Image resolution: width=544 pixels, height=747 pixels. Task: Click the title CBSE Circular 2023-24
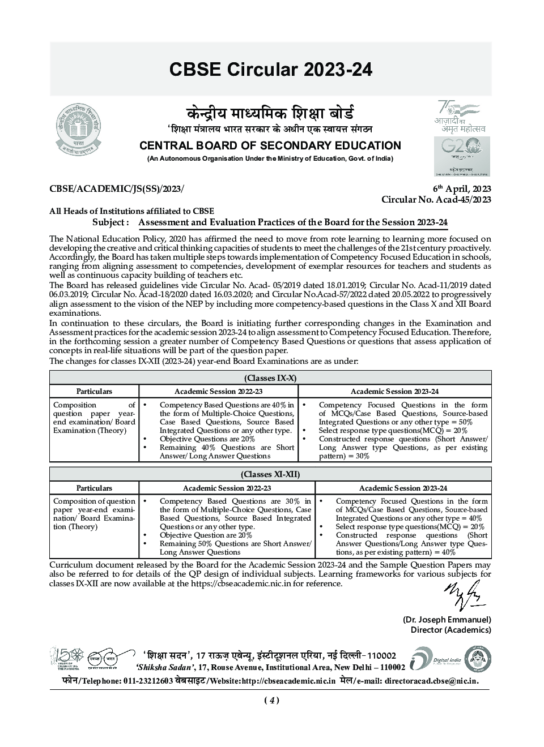coord(271,70)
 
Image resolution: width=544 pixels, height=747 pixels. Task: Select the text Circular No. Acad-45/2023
coord(436,199)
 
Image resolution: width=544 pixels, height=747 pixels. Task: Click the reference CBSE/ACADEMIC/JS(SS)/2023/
coord(117,189)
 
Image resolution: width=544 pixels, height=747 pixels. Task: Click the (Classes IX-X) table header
coord(270,378)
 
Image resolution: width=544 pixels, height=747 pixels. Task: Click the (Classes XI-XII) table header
coord(270,474)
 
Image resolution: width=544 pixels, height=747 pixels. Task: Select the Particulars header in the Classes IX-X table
coord(94,391)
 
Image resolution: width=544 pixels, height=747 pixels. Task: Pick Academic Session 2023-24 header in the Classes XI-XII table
coord(403,488)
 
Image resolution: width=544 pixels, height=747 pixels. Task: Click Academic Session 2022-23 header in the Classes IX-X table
coord(218,391)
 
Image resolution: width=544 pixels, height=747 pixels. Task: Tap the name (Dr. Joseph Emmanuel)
coord(447,620)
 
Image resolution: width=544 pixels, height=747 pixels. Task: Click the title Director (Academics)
coord(450,630)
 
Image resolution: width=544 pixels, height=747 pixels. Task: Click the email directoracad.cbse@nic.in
coord(431,681)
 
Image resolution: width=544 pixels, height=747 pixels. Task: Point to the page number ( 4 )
coord(271,701)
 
